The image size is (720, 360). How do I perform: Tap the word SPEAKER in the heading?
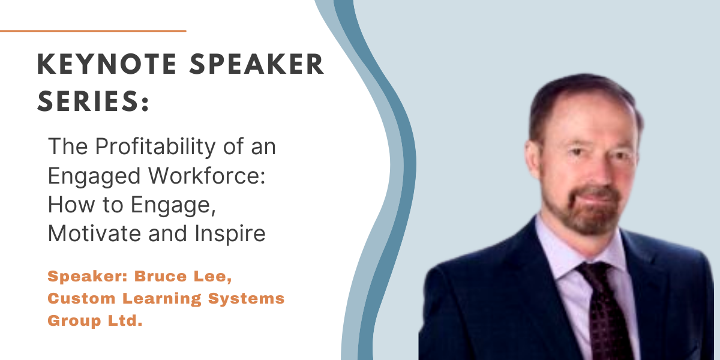pyautogui.click(x=257, y=64)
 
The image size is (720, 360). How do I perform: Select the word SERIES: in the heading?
pyautogui.click(x=93, y=101)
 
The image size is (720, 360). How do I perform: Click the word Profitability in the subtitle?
pyautogui.click(x=155, y=147)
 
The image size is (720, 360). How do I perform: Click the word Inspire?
pyautogui.click(x=230, y=234)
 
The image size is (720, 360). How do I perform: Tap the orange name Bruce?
pyautogui.click(x=160, y=276)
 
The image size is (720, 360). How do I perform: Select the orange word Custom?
pyautogui.click(x=82, y=298)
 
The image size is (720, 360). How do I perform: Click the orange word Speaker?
pyautogui.click(x=88, y=277)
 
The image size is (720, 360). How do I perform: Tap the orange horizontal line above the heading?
pyautogui.click(x=93, y=31)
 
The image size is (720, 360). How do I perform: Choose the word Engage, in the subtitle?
pyautogui.click(x=173, y=206)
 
